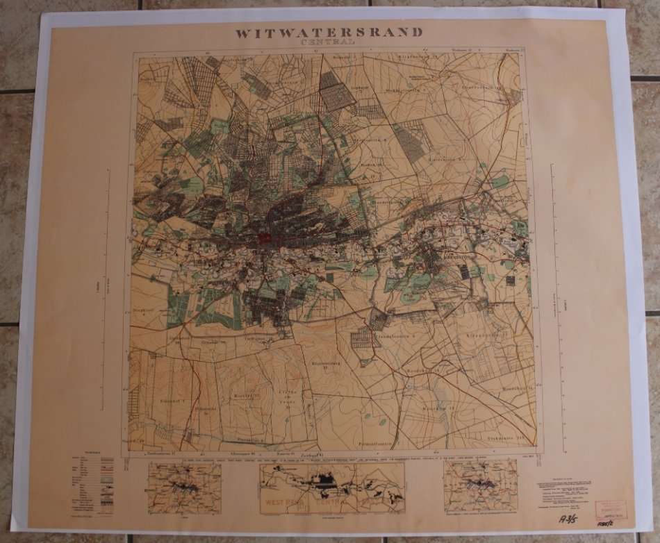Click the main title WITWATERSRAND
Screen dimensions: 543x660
[329, 32]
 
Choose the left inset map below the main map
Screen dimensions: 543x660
[184, 488]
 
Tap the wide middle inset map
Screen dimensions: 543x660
[331, 488]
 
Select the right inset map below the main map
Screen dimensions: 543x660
[480, 486]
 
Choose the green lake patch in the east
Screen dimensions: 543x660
[500, 182]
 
